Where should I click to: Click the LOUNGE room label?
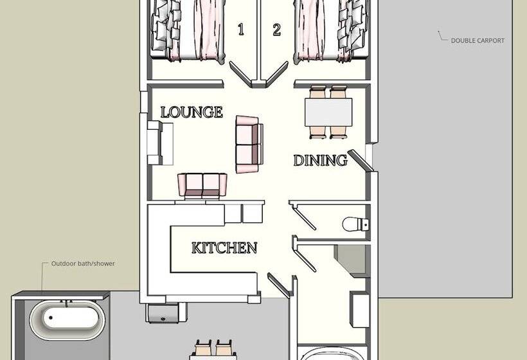[x=192, y=112]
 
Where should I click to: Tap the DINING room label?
[x=320, y=160]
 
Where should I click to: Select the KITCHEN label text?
[x=224, y=248]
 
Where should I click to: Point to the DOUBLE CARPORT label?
[x=477, y=40]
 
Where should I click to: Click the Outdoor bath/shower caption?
[x=83, y=264]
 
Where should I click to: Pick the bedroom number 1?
[x=241, y=30]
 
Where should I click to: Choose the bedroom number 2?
[x=277, y=30]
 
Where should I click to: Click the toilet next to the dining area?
[x=355, y=224]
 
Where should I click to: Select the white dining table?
[x=328, y=113]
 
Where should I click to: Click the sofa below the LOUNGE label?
[x=202, y=184]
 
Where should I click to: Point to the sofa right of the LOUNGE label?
[x=248, y=144]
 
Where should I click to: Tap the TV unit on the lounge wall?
[x=159, y=143]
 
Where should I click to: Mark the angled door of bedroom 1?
[x=241, y=75]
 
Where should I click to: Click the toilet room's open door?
[x=303, y=215]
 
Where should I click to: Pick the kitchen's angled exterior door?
[x=279, y=286]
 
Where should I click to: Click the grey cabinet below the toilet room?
[x=351, y=262]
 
